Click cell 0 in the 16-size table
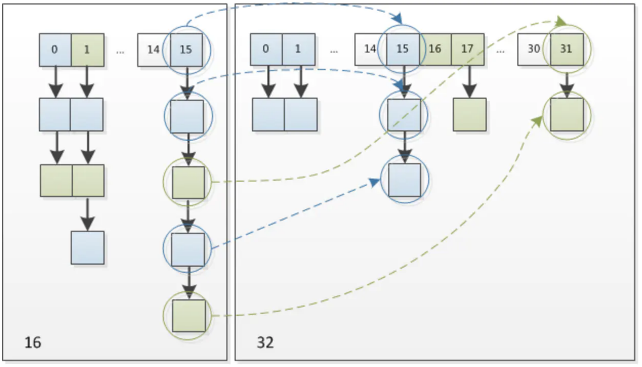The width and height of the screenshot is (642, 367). coord(55,50)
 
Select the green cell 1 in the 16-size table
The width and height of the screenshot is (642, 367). coord(87,50)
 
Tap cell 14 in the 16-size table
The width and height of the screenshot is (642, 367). coord(153,50)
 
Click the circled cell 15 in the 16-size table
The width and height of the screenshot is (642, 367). coord(186,50)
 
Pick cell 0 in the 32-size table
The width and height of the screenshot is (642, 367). coord(266,49)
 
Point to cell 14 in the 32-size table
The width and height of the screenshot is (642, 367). coord(370,49)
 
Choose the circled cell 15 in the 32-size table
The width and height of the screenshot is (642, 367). coord(403,49)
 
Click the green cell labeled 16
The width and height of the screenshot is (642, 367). coord(435,49)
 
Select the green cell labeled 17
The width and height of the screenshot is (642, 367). coord(467,49)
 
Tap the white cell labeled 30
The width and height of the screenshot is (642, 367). coord(533,49)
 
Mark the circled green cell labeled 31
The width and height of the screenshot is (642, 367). coord(566,49)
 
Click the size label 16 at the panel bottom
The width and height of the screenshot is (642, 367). coord(33,342)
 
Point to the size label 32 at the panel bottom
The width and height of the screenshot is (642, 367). coord(265,342)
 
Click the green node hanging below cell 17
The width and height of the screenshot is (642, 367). coord(470,115)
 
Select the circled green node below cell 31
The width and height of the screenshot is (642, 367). coord(567,115)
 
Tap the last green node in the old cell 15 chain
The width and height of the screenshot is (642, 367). coord(189,316)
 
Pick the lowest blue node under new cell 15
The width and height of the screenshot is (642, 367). coord(405,180)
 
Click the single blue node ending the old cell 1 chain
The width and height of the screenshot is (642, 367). coord(87,248)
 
